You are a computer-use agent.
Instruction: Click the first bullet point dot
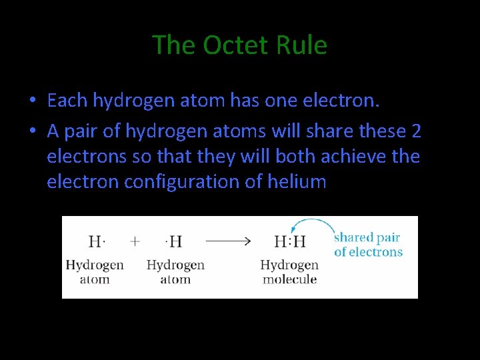tap(32, 101)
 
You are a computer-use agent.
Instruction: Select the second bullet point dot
tap(32, 132)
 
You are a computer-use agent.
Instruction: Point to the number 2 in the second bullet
tap(416, 131)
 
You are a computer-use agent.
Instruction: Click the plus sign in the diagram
tap(135, 241)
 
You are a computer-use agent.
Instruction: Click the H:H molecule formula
tap(290, 241)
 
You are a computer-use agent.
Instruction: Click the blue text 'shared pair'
tap(367, 237)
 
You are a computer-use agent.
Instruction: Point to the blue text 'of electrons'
tap(368, 252)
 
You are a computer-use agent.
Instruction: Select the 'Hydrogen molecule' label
tap(289, 271)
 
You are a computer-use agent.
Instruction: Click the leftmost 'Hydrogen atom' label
tap(95, 271)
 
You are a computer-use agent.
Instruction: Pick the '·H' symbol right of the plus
tap(175, 241)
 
